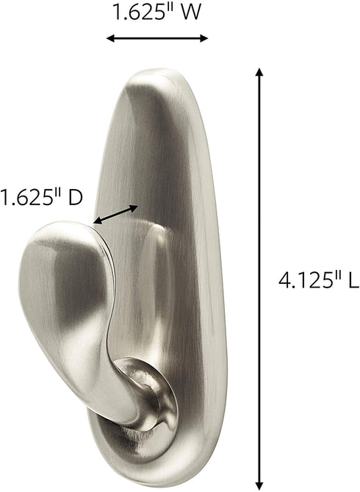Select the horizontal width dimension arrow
[x=156, y=38]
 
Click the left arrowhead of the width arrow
[x=110, y=38]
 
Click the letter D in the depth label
[x=71, y=198]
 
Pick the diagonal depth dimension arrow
[x=115, y=213]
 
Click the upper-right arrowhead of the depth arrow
[x=134, y=207]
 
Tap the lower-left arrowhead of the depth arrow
[x=96, y=219]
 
